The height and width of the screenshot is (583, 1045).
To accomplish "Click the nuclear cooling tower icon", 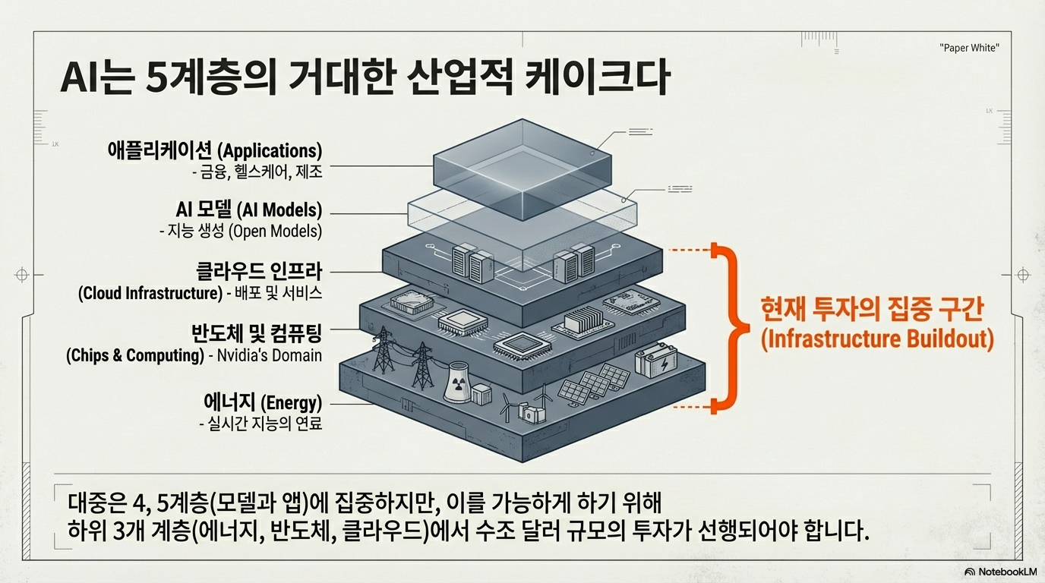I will coord(456,382).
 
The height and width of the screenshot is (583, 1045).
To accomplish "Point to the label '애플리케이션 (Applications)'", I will coord(215,150).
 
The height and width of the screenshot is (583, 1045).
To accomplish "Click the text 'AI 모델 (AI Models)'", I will coord(248,209).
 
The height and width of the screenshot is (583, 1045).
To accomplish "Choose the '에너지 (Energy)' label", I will coord(263,402).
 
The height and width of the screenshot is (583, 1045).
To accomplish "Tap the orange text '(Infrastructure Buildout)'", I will coord(877,339).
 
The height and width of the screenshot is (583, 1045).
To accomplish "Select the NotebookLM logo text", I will coord(1006,572).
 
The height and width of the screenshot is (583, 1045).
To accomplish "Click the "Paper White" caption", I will coord(969,48).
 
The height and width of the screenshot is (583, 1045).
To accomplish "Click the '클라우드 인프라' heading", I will coord(259,270).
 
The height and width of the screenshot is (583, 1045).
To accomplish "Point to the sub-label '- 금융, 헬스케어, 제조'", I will coord(257,172).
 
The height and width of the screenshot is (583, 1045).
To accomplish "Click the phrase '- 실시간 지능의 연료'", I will coord(260,423).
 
